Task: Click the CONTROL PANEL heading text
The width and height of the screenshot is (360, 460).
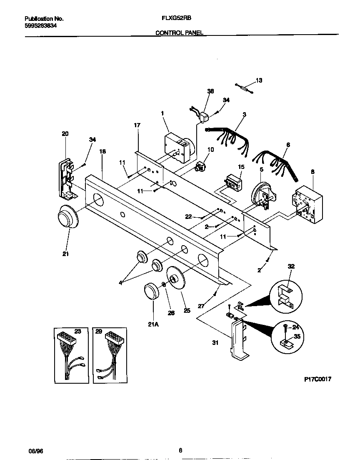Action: (x=180, y=33)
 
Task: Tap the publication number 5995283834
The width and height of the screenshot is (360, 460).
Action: (x=41, y=25)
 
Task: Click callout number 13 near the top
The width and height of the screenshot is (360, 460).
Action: (x=259, y=80)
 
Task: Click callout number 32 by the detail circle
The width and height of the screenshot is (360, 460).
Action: (x=291, y=266)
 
